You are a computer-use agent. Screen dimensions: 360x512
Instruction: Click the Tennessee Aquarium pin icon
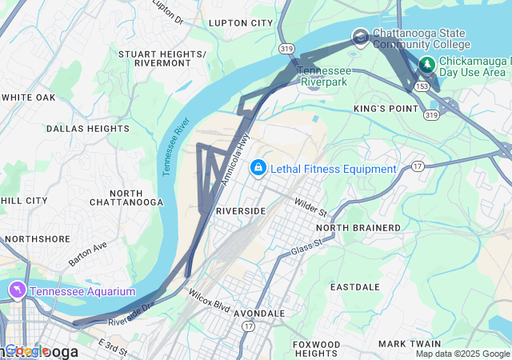click(17, 290)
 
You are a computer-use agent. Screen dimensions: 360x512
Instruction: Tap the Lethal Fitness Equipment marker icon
click(258, 168)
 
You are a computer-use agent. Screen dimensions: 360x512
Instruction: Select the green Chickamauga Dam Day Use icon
click(429, 63)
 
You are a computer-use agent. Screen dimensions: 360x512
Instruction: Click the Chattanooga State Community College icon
click(360, 37)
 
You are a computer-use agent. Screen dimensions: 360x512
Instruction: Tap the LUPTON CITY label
click(241, 23)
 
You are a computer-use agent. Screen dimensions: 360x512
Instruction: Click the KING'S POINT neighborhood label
click(386, 108)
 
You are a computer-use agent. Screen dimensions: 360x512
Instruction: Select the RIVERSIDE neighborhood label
click(241, 210)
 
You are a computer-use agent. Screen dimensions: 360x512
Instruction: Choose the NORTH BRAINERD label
click(363, 228)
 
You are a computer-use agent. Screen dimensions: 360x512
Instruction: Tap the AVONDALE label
click(259, 314)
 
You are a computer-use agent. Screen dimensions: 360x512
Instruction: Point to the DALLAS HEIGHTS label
click(77, 128)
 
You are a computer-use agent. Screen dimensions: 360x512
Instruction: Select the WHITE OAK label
click(28, 98)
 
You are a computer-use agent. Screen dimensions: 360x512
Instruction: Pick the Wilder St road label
click(311, 210)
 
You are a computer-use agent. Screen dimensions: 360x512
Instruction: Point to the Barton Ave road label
click(88, 254)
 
